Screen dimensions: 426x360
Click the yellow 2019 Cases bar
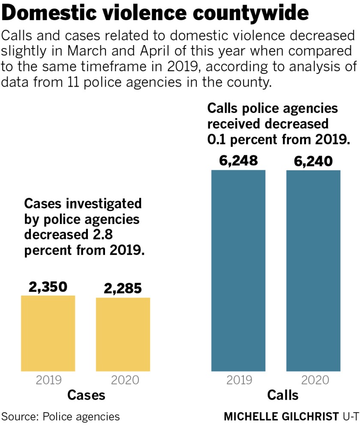[48, 333]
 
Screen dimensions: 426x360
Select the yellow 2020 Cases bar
[123, 334]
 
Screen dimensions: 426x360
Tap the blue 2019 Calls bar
[238, 271]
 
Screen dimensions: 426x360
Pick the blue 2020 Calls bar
[313, 271]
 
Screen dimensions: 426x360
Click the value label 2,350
[48, 287]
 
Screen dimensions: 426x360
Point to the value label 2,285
[123, 289]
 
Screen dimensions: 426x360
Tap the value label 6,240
[313, 161]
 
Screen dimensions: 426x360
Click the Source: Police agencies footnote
[60, 416]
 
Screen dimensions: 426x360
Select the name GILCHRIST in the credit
[309, 417]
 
